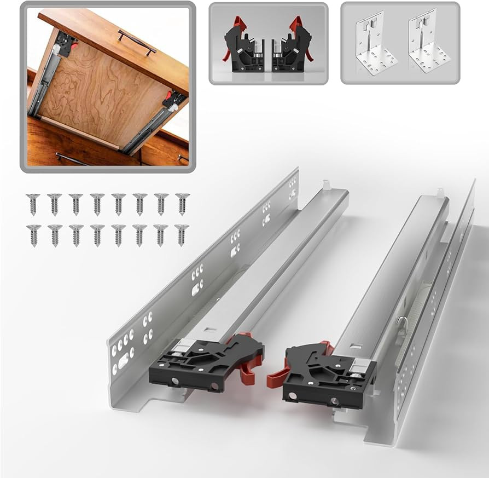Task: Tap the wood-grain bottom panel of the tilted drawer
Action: coord(98,93)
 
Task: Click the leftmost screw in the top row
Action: coord(33,204)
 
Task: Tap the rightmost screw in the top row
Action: coord(182,204)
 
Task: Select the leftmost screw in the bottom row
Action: coord(33,234)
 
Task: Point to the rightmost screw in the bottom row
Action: coord(182,234)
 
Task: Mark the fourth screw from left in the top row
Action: coord(97,204)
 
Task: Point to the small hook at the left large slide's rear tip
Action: coord(327,185)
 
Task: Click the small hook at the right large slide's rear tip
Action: coord(439,192)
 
